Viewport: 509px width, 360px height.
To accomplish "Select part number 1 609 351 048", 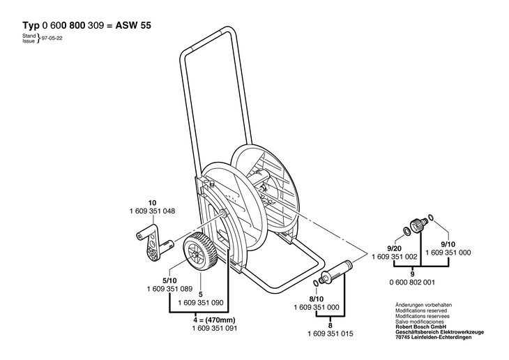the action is coord(152,211).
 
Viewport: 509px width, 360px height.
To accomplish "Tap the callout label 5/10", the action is coord(170,280).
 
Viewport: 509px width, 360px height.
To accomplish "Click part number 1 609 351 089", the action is coord(169,289).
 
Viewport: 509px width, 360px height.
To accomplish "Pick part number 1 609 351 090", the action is coord(201,303).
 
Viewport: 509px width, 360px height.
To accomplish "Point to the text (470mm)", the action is coord(220,320).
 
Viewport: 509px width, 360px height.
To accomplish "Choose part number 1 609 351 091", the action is coord(215,328).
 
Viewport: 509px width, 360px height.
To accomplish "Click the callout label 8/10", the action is coord(317,299).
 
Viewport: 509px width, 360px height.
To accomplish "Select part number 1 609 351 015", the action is coord(330,333).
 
